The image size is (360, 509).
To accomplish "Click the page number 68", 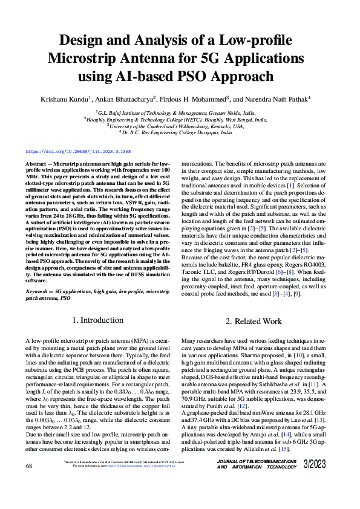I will tap(29, 483).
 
